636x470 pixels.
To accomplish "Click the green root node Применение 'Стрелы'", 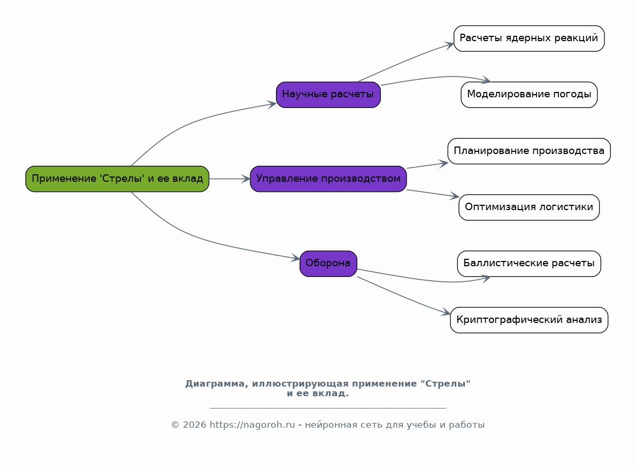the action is pyautogui.click(x=117, y=179).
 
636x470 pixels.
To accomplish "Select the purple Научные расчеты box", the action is pyautogui.click(x=328, y=95).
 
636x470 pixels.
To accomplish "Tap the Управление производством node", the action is pyautogui.click(x=328, y=179).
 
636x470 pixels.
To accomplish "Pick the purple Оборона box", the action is pyautogui.click(x=328, y=264).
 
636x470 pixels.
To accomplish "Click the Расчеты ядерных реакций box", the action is pyautogui.click(x=529, y=38).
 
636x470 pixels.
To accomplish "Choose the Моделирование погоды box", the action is pyautogui.click(x=529, y=95).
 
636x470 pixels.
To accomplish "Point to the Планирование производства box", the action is pyautogui.click(x=529, y=151).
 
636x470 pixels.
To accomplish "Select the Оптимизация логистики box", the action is pyautogui.click(x=529, y=207).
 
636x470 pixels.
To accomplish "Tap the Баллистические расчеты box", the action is pyautogui.click(x=529, y=264).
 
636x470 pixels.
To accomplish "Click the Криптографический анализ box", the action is pyautogui.click(x=529, y=320).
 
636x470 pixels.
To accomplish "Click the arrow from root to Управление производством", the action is pyautogui.click(x=229, y=179).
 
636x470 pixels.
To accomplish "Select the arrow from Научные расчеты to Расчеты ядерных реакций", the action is pyautogui.click(x=405, y=61).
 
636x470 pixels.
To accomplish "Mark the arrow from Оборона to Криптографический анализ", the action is pyautogui.click(x=403, y=296).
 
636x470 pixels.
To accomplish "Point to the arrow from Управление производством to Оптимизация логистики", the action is pyautogui.click(x=433, y=194).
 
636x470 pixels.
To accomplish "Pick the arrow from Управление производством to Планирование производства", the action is pyautogui.click(x=427, y=165).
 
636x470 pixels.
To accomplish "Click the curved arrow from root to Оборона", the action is pyautogui.click(x=203, y=237).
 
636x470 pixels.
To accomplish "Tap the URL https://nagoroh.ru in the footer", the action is pyautogui.click(x=252, y=425).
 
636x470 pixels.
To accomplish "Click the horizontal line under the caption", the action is pyautogui.click(x=328, y=407).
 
